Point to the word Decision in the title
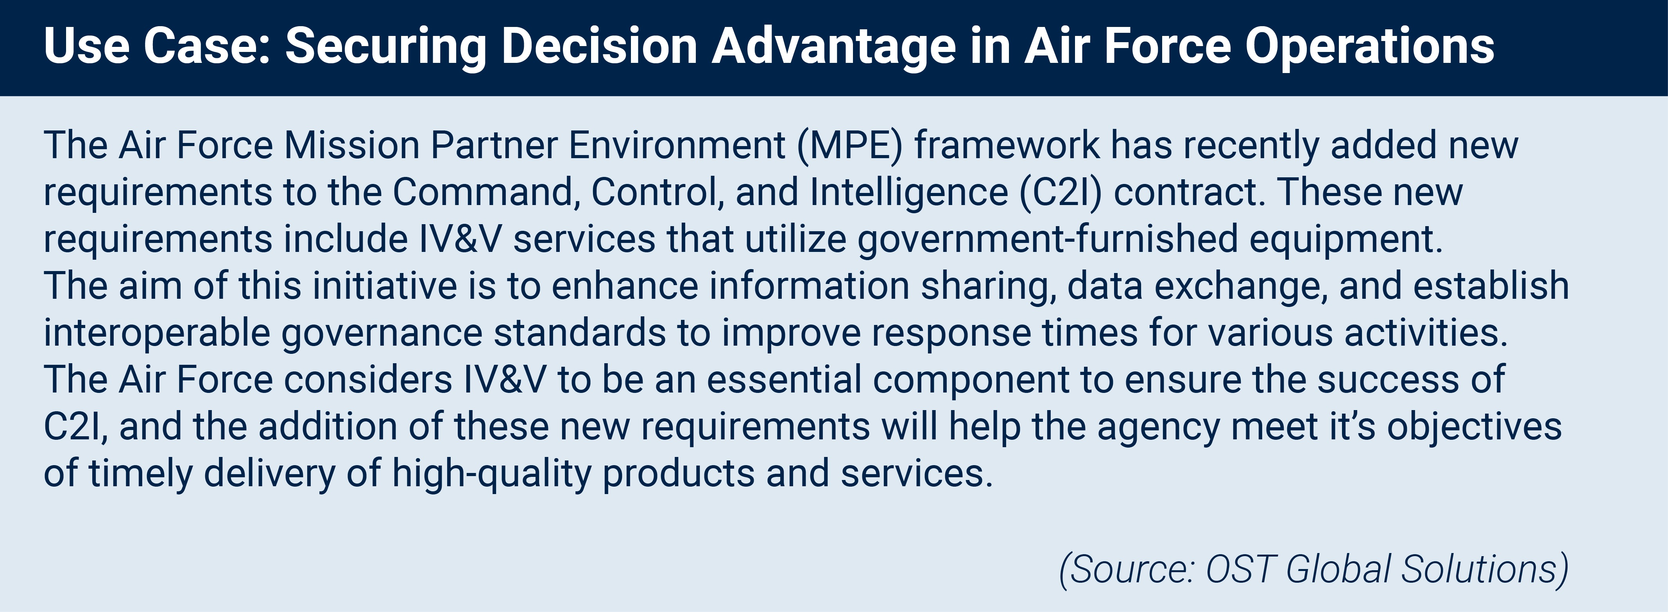click(x=599, y=46)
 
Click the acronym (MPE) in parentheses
click(x=849, y=146)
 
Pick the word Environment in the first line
click(x=677, y=146)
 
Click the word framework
click(x=1007, y=146)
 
